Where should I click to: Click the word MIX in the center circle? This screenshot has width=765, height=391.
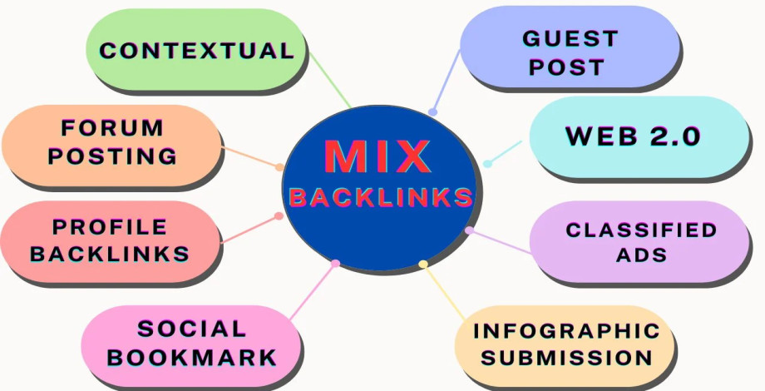(x=378, y=156)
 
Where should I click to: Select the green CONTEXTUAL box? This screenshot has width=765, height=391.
(x=196, y=50)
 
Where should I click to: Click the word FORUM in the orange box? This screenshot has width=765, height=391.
(x=112, y=128)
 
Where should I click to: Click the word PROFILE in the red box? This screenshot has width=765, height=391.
(x=110, y=226)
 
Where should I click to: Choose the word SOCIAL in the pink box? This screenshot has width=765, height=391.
(x=192, y=329)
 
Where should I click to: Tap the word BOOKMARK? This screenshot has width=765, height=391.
(x=192, y=358)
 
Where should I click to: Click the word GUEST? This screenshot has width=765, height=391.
(x=570, y=38)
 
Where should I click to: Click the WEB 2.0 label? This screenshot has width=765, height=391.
(x=633, y=136)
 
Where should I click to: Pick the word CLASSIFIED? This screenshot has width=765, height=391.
(x=641, y=230)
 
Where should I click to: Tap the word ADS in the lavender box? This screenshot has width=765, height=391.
(x=641, y=255)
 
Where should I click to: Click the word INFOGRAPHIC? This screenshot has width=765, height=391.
(x=565, y=330)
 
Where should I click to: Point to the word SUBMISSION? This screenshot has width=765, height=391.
(x=565, y=359)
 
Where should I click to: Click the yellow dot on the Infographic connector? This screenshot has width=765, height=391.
(x=423, y=265)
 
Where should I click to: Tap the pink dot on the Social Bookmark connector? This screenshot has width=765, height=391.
(x=335, y=264)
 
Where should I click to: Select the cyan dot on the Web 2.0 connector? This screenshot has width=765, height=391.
(x=488, y=163)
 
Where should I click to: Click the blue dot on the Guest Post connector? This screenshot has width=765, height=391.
(x=432, y=111)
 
